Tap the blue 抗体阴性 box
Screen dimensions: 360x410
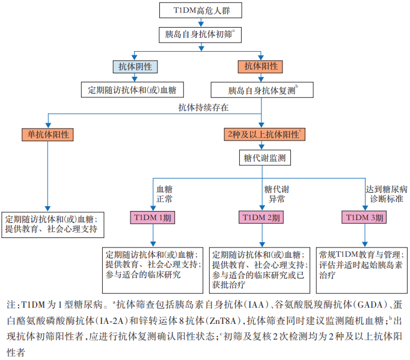135,66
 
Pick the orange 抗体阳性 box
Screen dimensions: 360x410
261,66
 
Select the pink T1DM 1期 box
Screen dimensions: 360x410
151,218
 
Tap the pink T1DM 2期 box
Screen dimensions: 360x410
260,218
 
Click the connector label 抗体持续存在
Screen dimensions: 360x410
203,108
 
